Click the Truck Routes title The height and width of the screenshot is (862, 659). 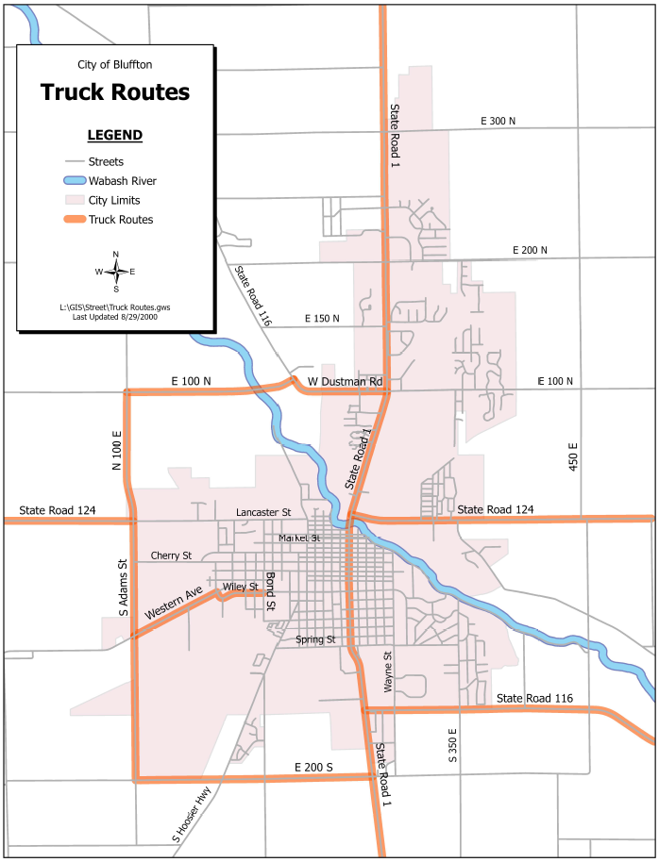pos(114,92)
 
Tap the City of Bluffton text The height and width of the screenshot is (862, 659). pos(114,64)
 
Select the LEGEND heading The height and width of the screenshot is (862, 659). pos(114,135)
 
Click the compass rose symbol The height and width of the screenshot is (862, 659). pos(115,272)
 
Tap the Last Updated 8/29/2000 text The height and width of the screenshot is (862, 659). pos(114,317)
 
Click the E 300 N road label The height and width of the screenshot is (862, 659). pos(498,122)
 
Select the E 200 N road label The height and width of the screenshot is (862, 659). pos(530,250)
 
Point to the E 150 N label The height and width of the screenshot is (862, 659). pos(322,320)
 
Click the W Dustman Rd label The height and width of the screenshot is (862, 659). pos(346,381)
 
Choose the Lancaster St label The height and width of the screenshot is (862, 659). pos(263,512)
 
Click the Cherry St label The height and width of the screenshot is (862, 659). pos(171,555)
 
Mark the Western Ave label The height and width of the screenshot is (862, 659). pos(174,605)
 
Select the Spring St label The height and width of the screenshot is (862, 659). pos(315,639)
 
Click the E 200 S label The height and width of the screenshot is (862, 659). pos(313,768)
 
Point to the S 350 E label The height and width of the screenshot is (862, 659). pos(453,745)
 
